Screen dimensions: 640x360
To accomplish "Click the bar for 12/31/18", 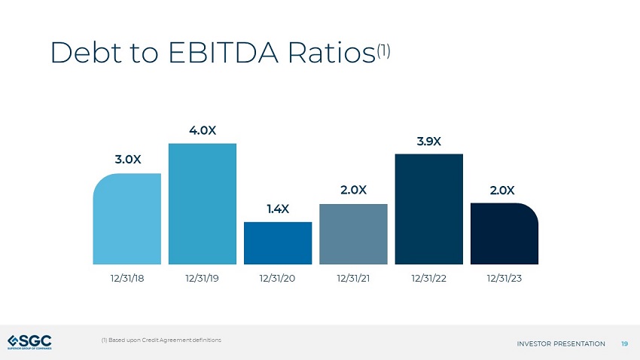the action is [x=127, y=218].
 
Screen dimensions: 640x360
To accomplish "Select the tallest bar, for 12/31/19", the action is [x=203, y=203].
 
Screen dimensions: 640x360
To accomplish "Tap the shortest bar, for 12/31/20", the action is [x=278, y=243].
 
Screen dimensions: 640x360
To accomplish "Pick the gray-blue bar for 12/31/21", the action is [x=353, y=234].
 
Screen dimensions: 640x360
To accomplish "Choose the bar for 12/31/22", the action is [x=429, y=209].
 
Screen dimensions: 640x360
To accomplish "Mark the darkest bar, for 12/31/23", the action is [x=504, y=233].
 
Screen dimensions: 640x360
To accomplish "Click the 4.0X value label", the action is [x=203, y=130].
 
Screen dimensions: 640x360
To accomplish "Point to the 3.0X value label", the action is [x=128, y=159].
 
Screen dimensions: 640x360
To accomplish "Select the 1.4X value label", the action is [x=278, y=209].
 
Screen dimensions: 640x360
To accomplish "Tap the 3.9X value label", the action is [x=429, y=142].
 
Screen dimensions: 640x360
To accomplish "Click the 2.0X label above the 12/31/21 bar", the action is [x=353, y=190].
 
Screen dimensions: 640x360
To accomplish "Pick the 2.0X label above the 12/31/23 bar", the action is [x=502, y=191].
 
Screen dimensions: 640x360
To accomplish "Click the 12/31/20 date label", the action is [x=277, y=279].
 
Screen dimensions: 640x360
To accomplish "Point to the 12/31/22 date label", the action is [x=428, y=279].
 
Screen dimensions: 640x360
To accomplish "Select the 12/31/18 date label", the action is [x=127, y=279].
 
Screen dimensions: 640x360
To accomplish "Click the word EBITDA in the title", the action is [x=224, y=53].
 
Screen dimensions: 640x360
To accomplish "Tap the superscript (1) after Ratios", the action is [x=384, y=50].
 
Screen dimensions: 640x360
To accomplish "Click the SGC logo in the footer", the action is [x=30, y=342].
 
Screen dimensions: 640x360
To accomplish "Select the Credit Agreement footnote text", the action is [x=161, y=340].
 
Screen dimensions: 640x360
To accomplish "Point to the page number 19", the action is [x=624, y=343].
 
